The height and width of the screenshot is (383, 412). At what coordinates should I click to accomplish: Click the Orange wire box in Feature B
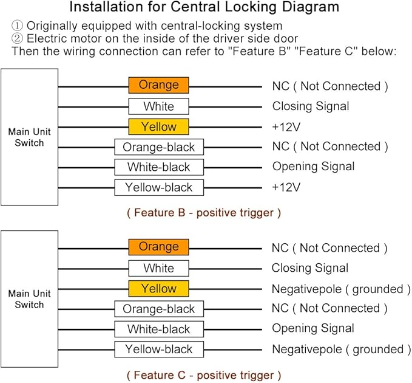pyautogui.click(x=159, y=85)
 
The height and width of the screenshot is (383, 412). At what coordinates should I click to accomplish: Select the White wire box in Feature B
pyautogui.click(x=159, y=106)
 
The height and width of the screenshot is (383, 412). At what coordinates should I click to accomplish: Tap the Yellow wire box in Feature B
pyautogui.click(x=159, y=126)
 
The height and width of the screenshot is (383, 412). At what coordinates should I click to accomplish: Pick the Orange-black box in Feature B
pyautogui.click(x=159, y=147)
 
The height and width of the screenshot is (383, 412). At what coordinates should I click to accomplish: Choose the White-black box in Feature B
pyautogui.click(x=159, y=167)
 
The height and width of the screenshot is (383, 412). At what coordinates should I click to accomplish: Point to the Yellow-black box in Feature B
pyautogui.click(x=159, y=187)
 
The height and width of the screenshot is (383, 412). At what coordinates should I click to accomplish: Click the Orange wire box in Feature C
pyautogui.click(x=159, y=247)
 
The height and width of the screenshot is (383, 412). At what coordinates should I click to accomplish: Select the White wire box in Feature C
pyautogui.click(x=159, y=268)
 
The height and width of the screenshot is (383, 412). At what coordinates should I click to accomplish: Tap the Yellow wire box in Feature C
pyautogui.click(x=159, y=289)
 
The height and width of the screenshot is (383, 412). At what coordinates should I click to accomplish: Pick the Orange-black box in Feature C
pyautogui.click(x=159, y=309)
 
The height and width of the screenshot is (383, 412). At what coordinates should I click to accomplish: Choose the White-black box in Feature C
pyautogui.click(x=159, y=329)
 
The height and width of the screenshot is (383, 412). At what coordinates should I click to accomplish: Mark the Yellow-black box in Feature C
pyautogui.click(x=159, y=350)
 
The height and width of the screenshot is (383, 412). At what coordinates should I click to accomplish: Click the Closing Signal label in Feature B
pyautogui.click(x=311, y=106)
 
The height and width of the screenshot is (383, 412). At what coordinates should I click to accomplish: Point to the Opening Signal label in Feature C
pyautogui.click(x=313, y=328)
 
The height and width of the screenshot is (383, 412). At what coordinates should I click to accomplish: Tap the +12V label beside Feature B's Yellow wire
pyautogui.click(x=286, y=127)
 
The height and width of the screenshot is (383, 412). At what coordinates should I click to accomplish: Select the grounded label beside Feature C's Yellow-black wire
pyautogui.click(x=378, y=350)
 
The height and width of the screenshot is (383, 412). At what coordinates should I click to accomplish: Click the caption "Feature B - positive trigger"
pyautogui.click(x=204, y=213)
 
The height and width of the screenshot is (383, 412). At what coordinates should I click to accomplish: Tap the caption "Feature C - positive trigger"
pyautogui.click(x=204, y=375)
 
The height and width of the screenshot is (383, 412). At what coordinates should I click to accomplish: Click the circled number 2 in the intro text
pyautogui.click(x=18, y=38)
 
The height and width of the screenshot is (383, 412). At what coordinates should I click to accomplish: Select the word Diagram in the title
pyautogui.click(x=309, y=7)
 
